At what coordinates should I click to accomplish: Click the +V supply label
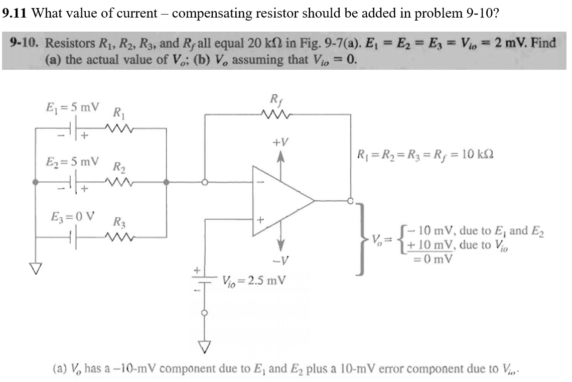280,143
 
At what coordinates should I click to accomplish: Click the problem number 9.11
15,13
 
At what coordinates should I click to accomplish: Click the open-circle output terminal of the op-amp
351,201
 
